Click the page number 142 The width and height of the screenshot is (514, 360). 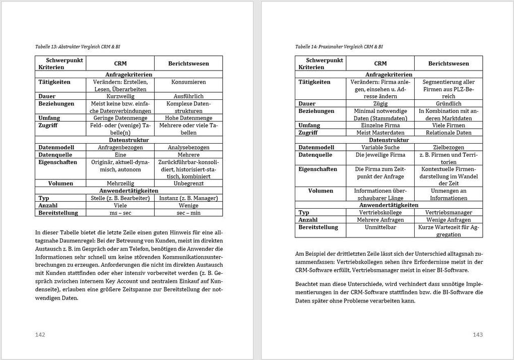(x=40, y=335)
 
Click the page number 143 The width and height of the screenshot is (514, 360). (x=478, y=335)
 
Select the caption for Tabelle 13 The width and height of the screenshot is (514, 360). (x=78, y=46)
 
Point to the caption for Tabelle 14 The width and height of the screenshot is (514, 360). (x=339, y=46)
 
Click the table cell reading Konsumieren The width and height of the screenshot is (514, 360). (x=188, y=82)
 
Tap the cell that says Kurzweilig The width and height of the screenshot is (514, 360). (x=120, y=96)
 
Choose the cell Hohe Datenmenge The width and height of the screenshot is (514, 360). (x=188, y=118)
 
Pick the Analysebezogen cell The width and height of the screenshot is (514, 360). (x=188, y=147)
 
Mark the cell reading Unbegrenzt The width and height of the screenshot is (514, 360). (x=188, y=184)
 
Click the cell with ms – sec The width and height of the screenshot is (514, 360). (x=120, y=213)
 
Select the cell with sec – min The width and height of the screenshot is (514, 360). (x=188, y=213)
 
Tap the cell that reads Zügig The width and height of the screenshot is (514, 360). (x=380, y=103)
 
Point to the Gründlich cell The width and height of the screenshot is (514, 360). (x=448, y=103)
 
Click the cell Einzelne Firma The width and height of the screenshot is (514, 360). (x=380, y=125)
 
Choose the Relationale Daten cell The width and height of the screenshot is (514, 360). (x=448, y=133)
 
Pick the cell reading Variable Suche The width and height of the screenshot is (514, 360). (x=380, y=147)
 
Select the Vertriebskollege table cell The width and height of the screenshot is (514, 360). (x=380, y=213)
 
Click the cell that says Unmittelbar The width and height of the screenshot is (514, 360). (x=380, y=227)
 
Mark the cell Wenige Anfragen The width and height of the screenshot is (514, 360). (x=448, y=220)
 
